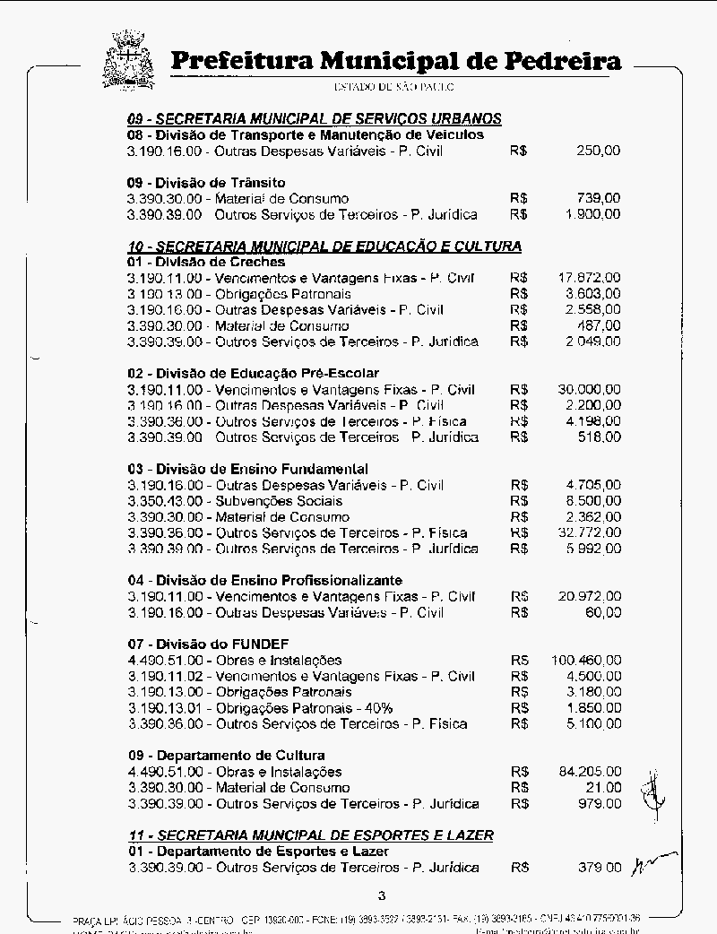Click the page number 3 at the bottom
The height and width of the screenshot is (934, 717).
coord(382,895)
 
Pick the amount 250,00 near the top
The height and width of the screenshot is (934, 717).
coord(598,151)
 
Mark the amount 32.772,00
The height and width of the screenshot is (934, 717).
coord(589,532)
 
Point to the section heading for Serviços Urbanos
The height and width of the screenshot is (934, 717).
coord(314,118)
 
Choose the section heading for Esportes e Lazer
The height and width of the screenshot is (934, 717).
coord(310,835)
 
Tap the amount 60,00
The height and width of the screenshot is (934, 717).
coord(602,613)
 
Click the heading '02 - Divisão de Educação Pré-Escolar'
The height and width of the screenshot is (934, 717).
coord(253,373)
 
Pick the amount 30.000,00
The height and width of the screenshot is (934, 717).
coord(589,390)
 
